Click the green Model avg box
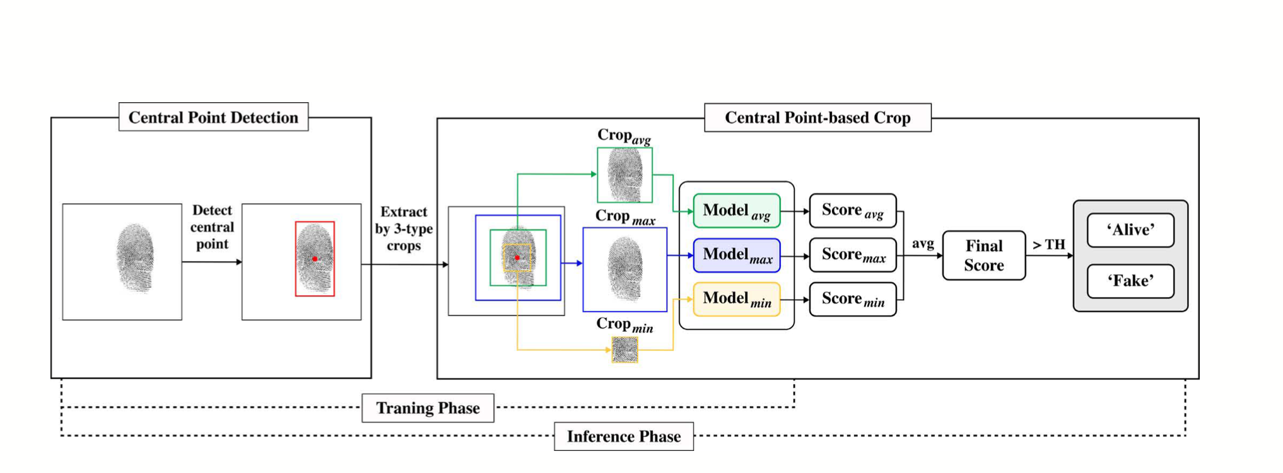coord(736,211)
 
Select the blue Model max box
coord(736,255)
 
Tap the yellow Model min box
coord(736,299)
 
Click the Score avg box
coord(852,211)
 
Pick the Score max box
coord(852,255)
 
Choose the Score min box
coord(852,299)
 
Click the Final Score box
coord(983,255)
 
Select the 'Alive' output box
coord(1130,230)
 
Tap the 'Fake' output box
coord(1130,281)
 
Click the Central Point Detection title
coord(213,117)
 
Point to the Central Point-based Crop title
coord(817,118)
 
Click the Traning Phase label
coord(428,408)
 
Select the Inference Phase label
coord(623,436)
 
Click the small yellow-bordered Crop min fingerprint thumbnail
coord(624,350)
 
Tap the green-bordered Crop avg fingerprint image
coord(624,175)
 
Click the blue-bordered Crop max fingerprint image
coord(624,269)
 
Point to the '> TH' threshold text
coord(1048,245)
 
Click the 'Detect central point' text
coord(212,227)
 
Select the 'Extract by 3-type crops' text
coord(404,228)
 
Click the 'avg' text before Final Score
coord(923,243)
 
